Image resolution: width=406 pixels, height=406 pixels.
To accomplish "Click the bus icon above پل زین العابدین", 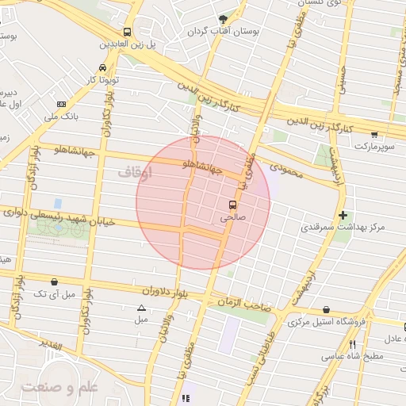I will point(127,32).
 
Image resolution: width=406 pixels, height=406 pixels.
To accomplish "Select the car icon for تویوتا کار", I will point(102,67).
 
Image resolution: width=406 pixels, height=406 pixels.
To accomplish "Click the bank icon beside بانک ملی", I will point(62,105).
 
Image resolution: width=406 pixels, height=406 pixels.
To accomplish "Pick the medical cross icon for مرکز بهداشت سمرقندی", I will point(343,215).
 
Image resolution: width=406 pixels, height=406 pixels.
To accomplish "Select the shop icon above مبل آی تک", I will point(54,282).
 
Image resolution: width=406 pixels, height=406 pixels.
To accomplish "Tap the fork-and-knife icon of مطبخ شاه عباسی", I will point(352,344).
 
